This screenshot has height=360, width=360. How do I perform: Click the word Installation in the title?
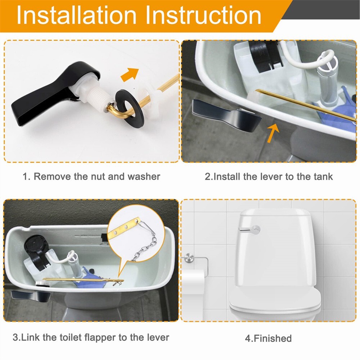click(x=77, y=15)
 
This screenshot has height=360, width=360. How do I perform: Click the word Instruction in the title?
click(x=203, y=15)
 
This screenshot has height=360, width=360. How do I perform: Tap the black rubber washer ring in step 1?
click(x=130, y=108)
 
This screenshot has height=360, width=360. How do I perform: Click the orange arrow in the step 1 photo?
click(x=130, y=75)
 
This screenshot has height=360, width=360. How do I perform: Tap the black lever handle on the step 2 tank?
click(x=226, y=115)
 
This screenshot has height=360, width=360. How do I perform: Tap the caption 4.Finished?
click(x=269, y=338)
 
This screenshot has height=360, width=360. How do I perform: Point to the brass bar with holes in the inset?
click(x=124, y=228)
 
